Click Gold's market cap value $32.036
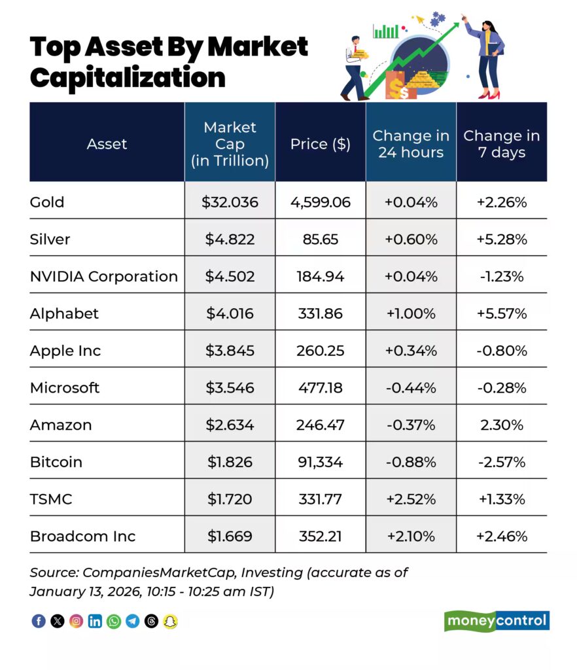(230, 202)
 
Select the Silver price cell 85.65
(321, 239)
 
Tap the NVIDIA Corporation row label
(104, 276)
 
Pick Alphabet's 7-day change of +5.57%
(502, 313)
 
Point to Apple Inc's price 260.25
(321, 351)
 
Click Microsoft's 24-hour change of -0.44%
(411, 388)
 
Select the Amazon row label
(61, 425)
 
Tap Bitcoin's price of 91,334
(321, 462)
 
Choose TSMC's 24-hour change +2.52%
(411, 499)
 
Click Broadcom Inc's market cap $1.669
(230, 537)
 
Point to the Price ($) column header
(321, 144)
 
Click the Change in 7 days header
(502, 144)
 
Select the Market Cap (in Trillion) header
(230, 144)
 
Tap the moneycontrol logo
(497, 621)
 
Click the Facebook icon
(39, 622)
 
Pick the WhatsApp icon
(114, 622)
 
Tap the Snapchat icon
(170, 622)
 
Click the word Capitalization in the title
(128, 77)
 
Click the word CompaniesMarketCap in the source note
(159, 573)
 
